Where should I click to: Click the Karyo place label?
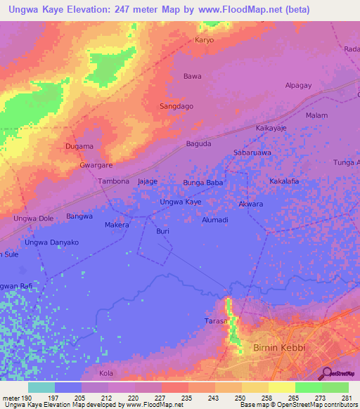click(204, 40)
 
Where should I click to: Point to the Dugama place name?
click(79, 146)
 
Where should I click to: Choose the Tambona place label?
click(113, 181)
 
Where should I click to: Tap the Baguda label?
click(198, 144)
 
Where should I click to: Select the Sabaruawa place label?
click(252, 152)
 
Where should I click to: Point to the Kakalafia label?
click(285, 181)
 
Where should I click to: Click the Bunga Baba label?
click(203, 183)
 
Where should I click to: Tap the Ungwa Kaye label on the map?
click(181, 202)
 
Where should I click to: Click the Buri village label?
click(162, 231)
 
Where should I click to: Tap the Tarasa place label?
click(218, 320)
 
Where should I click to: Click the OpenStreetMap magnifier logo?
click(326, 373)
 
